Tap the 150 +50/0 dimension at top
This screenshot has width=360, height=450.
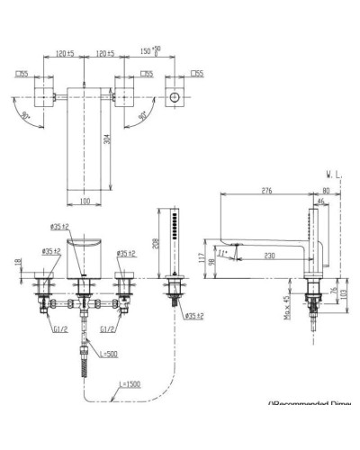[150, 53]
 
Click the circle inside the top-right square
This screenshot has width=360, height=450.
[175, 97]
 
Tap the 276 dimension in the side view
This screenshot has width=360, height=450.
[266, 190]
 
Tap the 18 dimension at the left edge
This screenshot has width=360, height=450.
[17, 262]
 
